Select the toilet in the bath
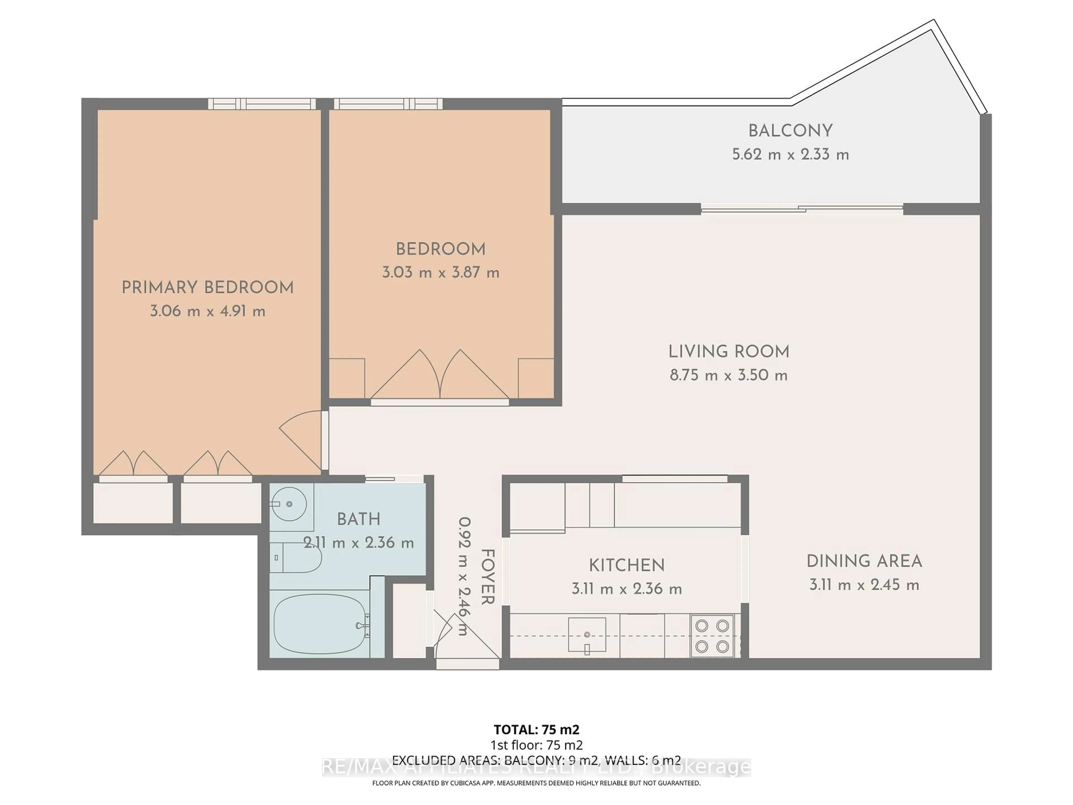[296, 558]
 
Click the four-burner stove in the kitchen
[712, 636]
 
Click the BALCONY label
[790, 131]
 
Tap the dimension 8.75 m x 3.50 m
[728, 375]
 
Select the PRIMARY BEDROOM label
[208, 288]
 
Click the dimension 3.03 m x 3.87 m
[440, 272]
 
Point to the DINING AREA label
[864, 562]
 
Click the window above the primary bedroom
[262, 104]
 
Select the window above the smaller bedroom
[388, 104]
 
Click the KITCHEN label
[627, 565]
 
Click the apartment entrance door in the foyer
[467, 645]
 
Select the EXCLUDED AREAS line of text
[536, 760]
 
